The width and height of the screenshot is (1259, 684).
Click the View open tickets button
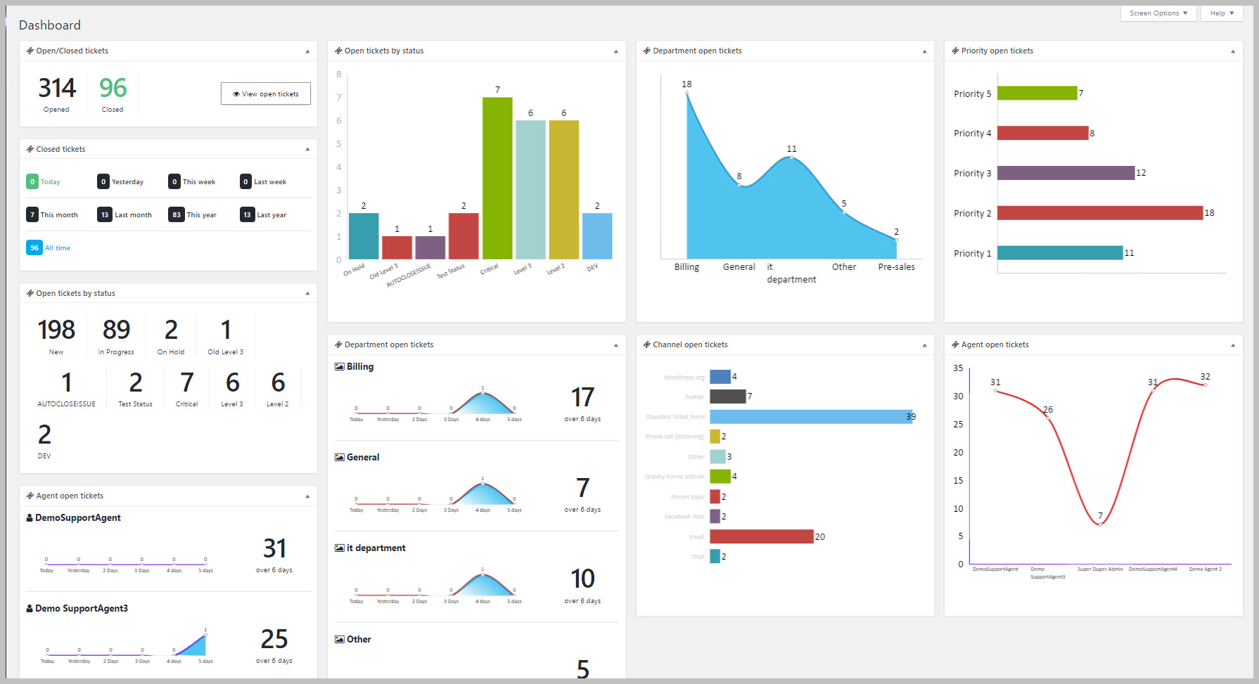265,93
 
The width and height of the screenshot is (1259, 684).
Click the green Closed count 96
113,88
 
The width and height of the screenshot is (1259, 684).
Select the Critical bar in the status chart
497,178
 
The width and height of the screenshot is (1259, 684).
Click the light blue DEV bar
597,236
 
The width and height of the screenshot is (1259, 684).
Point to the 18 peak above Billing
686,92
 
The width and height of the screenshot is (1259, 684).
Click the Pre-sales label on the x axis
896,267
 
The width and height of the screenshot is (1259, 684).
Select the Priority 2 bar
1099,213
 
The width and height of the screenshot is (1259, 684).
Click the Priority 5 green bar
1037,93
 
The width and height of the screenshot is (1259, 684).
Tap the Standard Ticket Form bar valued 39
810,417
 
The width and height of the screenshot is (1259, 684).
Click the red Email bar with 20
761,536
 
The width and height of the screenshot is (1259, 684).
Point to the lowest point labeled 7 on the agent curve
1100,524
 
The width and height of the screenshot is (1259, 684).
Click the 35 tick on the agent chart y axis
958,368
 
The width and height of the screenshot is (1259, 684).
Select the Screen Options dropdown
1158,13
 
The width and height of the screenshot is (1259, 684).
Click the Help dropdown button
1222,13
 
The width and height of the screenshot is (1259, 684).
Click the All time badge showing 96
34,247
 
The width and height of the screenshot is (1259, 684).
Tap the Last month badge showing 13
105,215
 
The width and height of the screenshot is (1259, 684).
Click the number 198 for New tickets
56,330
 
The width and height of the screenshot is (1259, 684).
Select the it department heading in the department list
376,548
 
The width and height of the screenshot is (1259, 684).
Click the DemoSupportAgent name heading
77,518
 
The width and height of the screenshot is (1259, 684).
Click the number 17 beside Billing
582,398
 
